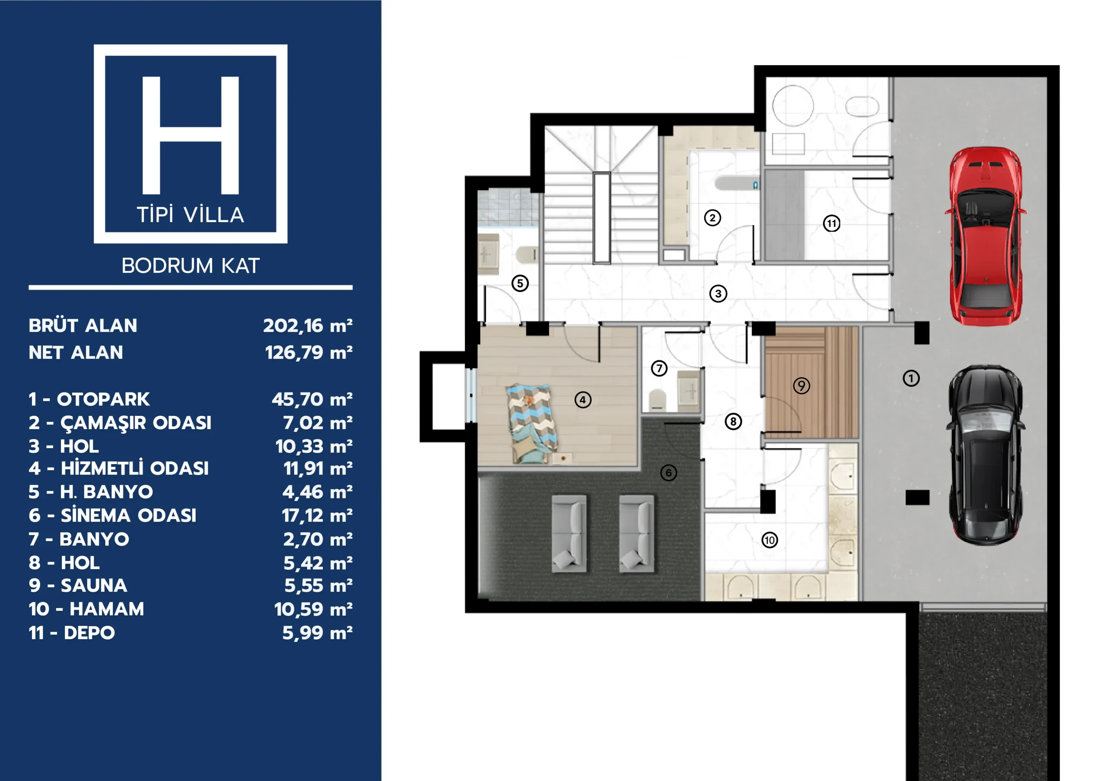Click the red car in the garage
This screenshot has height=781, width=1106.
point(985,236)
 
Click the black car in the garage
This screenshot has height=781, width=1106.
point(985,455)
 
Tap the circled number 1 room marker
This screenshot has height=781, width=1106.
point(910,378)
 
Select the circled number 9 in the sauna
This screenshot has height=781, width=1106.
point(801,386)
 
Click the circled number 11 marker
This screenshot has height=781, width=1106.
point(831,223)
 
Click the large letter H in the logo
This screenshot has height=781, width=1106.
point(191,135)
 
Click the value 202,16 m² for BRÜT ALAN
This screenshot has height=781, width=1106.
point(308,326)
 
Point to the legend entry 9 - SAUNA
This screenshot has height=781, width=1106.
point(78,585)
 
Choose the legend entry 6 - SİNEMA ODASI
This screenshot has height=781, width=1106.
point(113,515)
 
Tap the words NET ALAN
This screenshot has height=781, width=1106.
point(76,353)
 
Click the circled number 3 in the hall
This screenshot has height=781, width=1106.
point(718,293)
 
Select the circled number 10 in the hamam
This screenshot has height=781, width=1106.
point(769,540)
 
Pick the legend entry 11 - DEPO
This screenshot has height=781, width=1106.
point(72,633)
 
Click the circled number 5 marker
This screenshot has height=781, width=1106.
point(520,283)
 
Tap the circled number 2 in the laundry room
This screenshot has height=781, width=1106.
point(712,218)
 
